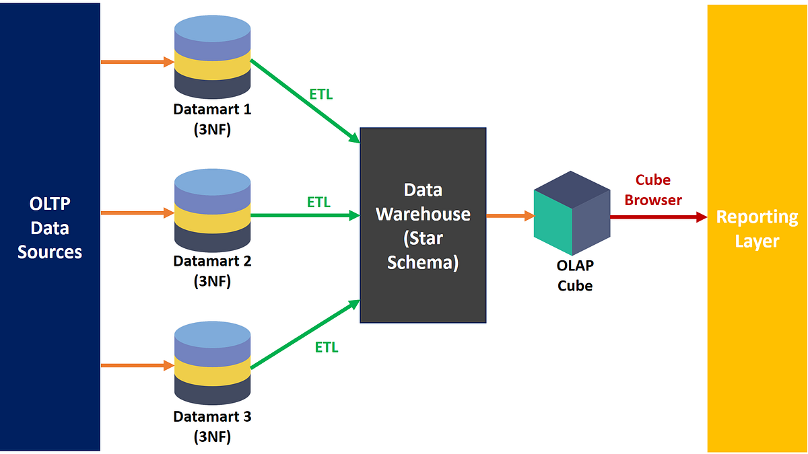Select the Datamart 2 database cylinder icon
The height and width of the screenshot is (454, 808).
tap(212, 210)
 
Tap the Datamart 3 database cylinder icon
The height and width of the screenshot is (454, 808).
tap(212, 363)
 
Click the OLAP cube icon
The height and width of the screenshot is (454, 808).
tap(572, 213)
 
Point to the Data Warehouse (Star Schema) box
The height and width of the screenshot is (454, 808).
tap(423, 225)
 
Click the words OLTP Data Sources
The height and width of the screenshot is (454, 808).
tap(50, 228)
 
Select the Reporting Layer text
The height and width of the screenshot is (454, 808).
tap(757, 229)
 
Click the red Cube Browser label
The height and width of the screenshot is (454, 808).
tap(652, 190)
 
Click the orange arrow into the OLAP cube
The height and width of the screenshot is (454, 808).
tap(510, 216)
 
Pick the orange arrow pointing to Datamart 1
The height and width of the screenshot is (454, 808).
tap(137, 62)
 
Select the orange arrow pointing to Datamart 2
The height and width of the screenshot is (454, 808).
tap(137, 213)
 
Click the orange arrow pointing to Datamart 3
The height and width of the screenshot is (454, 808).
tap(137, 366)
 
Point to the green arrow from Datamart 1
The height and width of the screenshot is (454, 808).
tap(305, 101)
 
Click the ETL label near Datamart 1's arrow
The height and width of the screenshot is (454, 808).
tap(321, 95)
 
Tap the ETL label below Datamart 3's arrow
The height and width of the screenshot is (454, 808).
tap(327, 348)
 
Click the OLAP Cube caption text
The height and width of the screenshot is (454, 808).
tap(575, 275)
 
